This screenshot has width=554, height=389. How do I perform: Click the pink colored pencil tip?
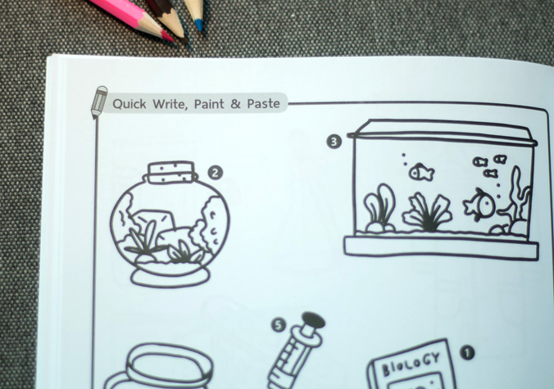tap(167, 36)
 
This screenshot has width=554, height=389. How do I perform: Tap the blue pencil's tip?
tap(198, 25)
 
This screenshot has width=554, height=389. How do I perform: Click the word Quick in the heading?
tap(129, 104)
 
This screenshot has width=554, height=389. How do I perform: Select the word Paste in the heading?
tap(263, 104)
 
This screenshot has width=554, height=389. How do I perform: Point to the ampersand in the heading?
tap(235, 104)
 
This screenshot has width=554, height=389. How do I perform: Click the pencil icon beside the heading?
tap(99, 102)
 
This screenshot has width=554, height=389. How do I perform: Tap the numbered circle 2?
tap(216, 173)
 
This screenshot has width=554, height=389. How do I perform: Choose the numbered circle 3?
tap(334, 142)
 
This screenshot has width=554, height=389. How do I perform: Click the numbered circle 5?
tap(279, 325)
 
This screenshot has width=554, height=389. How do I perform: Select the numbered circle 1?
tap(467, 353)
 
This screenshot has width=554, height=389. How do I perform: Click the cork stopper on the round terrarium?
tap(171, 172)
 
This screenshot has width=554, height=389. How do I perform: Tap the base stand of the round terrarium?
tap(170, 276)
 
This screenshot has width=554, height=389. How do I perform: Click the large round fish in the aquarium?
tap(479, 205)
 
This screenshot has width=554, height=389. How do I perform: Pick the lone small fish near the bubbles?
tap(421, 172)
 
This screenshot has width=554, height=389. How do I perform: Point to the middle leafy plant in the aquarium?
tap(428, 212)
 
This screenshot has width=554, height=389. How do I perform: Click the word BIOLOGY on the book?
tap(411, 364)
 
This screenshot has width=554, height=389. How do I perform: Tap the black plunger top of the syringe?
tap(314, 320)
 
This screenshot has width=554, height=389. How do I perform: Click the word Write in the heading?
tap(170, 104)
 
